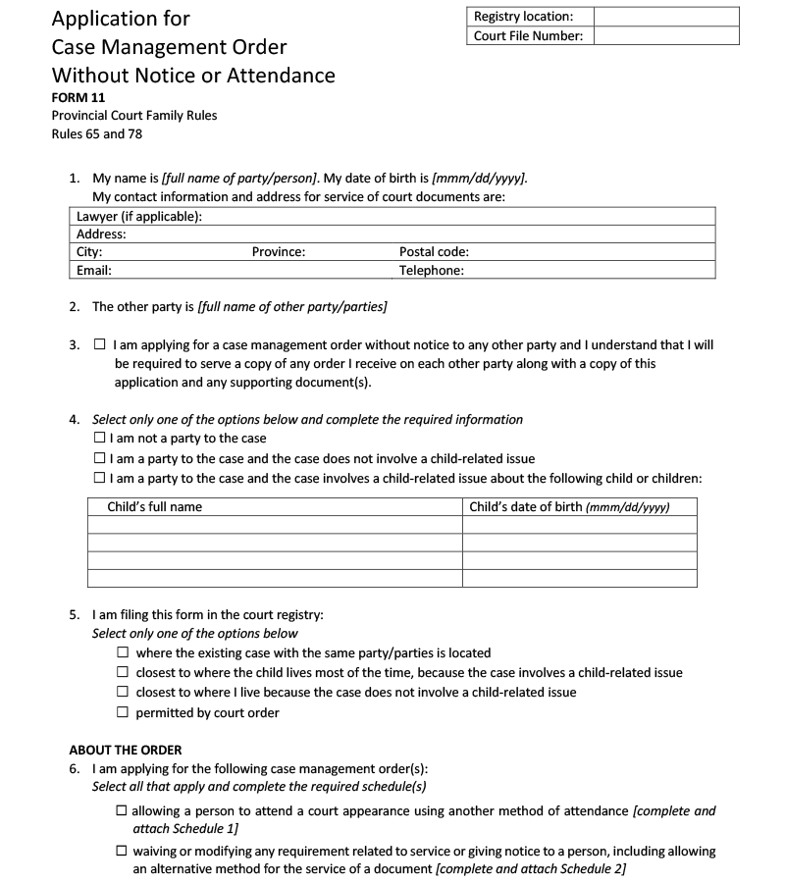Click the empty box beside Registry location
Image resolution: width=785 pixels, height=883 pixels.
[x=666, y=17]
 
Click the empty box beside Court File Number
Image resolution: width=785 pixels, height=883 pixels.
[x=666, y=36]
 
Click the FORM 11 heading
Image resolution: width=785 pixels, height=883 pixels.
[x=78, y=97]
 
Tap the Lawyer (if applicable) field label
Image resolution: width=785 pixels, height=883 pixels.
[x=139, y=217]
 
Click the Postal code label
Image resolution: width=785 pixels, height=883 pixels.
[x=434, y=252]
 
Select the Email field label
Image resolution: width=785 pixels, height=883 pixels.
[x=94, y=270]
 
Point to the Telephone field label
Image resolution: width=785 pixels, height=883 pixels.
[x=432, y=270]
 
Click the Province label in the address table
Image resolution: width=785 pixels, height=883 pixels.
[x=279, y=252]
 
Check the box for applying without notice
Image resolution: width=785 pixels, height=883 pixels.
[x=100, y=345]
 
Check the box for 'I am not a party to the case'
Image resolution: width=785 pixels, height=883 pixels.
[x=100, y=439]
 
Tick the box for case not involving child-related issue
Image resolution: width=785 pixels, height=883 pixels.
[x=100, y=458]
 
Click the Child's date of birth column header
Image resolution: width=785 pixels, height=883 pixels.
[x=569, y=507]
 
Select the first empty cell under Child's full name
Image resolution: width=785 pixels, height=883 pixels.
[x=275, y=525]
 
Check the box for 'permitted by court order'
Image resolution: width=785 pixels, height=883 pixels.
[x=123, y=712]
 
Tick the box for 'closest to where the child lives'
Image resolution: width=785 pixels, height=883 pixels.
[x=123, y=672]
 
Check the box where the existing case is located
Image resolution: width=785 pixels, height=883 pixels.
[x=123, y=652]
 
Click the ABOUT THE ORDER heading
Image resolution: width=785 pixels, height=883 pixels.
[x=126, y=751]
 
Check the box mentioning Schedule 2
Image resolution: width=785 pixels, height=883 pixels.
[x=122, y=852]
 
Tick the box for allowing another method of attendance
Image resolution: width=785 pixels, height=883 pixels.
[x=122, y=811]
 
